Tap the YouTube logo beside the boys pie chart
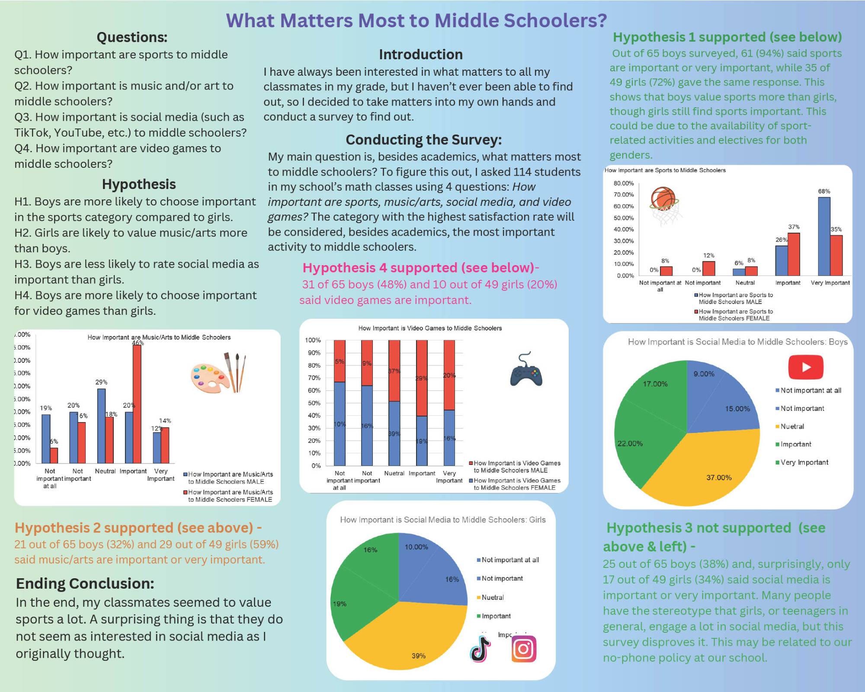806,367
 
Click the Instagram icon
524,649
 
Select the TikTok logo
481,649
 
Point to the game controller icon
526,370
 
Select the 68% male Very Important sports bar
824,237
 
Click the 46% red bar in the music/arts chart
137,404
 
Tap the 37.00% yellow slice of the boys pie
709,467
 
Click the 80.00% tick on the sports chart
623,183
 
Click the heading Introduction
420,54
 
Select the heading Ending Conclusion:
85,583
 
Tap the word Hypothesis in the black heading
139,184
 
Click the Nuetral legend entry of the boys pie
792,426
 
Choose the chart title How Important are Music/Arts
159,337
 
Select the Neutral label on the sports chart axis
745,283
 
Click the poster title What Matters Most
416,20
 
